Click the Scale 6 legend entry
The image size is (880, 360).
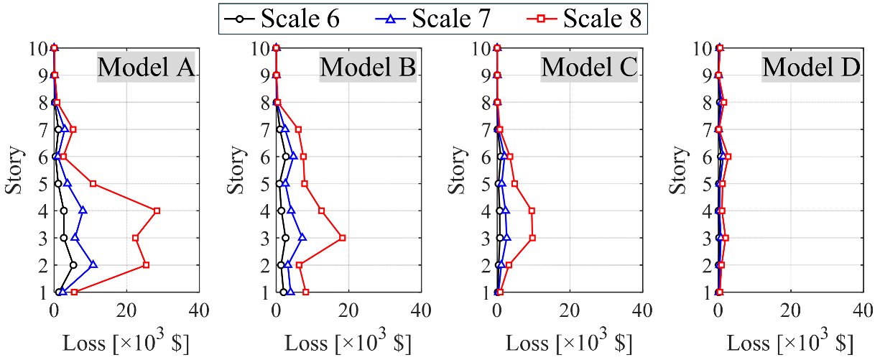pos(282,19)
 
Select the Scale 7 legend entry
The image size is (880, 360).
pos(433,19)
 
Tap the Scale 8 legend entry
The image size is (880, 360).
pos(584,19)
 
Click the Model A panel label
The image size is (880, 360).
pos(146,67)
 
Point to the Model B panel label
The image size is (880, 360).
pos(368,67)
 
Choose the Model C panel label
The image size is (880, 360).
pos(589,67)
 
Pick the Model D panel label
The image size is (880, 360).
pos(811,67)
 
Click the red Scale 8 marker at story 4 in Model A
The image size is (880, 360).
pos(157,211)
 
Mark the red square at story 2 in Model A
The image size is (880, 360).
pos(146,265)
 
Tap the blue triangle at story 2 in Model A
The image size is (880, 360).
pos(93,264)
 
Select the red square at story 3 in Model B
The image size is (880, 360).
pos(342,238)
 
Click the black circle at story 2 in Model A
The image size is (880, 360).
pos(73,265)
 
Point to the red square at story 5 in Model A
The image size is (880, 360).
pos(93,184)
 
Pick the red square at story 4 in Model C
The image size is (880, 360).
pos(532,211)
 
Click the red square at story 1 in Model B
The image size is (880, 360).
pos(305,292)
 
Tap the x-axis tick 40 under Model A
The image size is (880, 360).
pos(199,311)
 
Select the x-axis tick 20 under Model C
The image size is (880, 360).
pos(570,311)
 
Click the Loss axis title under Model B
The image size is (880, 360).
pos(348,341)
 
